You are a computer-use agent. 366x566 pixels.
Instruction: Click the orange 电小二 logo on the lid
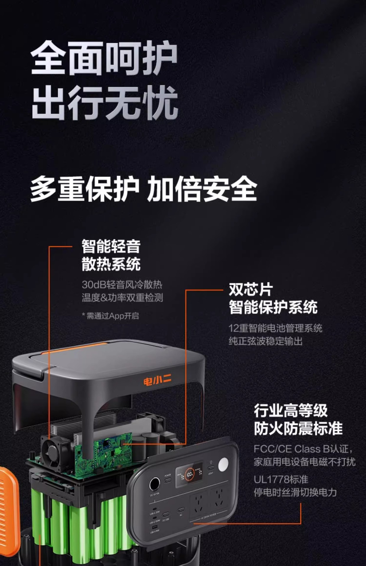[x=157, y=381]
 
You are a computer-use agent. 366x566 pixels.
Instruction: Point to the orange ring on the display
[x=189, y=474]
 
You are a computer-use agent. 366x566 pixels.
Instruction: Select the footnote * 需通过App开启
[x=110, y=316]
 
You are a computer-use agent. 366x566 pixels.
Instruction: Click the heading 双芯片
[x=251, y=289]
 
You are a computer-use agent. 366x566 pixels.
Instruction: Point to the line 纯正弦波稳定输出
[x=266, y=341]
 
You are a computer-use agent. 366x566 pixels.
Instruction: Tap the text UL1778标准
[x=281, y=480]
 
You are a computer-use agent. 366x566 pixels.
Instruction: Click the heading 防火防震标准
[x=298, y=428]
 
